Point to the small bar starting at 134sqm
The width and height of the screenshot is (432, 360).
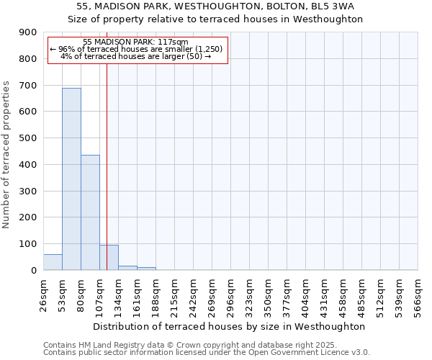point(127,268)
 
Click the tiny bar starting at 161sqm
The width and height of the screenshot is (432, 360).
point(146,269)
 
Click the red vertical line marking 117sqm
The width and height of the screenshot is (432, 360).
point(107,166)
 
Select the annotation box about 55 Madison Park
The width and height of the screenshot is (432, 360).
point(137,50)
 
